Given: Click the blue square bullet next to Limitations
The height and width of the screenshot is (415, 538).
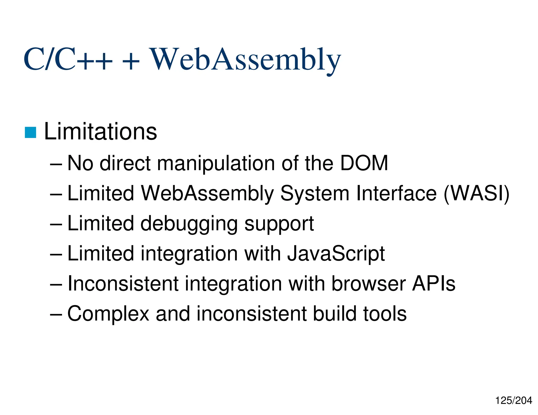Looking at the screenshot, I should coord(30,132).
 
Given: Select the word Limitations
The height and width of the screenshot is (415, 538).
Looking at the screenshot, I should coord(100,131).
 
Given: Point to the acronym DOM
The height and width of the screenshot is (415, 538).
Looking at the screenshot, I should coord(364,163).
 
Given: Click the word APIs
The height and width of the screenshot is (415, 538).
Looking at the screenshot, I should coord(433,284).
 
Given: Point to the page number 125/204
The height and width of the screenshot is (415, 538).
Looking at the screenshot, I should coord(514,401).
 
